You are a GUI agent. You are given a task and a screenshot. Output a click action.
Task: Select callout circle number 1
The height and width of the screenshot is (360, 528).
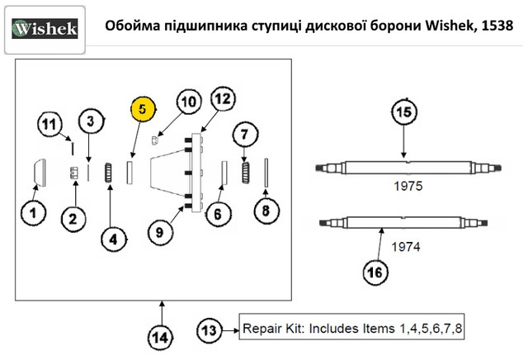pyautogui.click(x=33, y=214)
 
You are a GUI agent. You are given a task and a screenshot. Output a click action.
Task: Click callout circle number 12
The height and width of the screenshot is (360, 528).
pyautogui.click(x=220, y=100)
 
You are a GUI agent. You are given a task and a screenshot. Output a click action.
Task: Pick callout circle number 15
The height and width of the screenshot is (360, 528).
pyautogui.click(x=403, y=114)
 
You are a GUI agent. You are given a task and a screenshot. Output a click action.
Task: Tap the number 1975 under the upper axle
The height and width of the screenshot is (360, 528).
pyautogui.click(x=407, y=187)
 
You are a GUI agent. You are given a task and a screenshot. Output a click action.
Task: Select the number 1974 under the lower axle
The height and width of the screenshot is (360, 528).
pyautogui.click(x=404, y=246)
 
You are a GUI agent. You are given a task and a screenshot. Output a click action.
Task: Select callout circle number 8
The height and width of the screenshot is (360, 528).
pyautogui.click(x=266, y=211)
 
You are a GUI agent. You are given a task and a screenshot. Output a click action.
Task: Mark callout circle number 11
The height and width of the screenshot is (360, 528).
pyautogui.click(x=51, y=126)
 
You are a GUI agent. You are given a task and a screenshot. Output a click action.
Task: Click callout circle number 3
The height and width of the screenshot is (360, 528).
pyautogui.click(x=92, y=121)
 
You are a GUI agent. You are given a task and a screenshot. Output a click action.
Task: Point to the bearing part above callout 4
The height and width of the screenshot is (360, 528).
pyautogui.click(x=108, y=174)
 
